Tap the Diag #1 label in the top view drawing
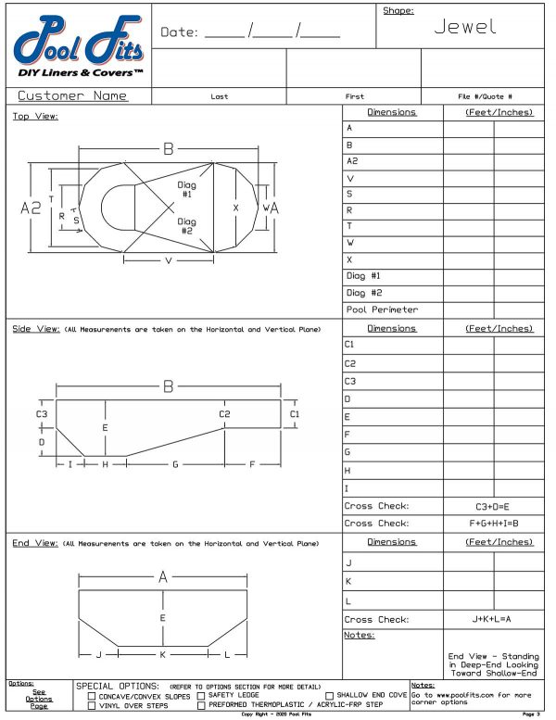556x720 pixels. [186, 189]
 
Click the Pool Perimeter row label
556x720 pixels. [381, 309]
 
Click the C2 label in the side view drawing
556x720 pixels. [224, 413]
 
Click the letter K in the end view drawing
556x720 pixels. [162, 655]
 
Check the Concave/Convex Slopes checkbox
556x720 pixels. [92, 696]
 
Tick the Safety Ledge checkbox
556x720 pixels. [201, 696]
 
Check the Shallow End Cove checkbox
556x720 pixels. [329, 696]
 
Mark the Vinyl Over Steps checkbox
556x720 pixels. [92, 706]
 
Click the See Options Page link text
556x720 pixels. [38, 696]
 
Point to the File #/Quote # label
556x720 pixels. [486, 96]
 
